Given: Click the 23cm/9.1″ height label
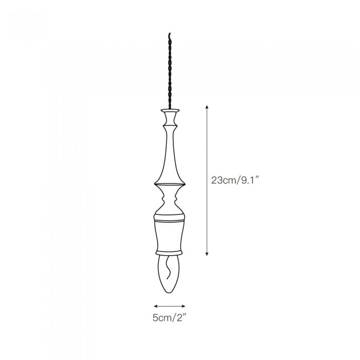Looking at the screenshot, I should (233, 181).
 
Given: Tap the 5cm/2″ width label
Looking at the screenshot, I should (170, 318).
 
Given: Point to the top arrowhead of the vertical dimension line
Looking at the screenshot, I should (207, 106).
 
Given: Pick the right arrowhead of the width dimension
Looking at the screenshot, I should (184, 305).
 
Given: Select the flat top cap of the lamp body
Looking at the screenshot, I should (170, 110).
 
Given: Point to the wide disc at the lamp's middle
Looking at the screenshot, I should (170, 183).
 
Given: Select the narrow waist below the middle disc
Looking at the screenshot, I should (170, 197).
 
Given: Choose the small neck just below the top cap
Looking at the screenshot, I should (170, 120).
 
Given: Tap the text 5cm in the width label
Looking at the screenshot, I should (161, 318).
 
